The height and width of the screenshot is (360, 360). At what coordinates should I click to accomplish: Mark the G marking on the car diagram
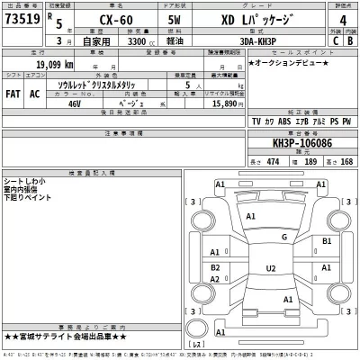283,238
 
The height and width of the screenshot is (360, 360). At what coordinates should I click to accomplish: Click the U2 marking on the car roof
270,268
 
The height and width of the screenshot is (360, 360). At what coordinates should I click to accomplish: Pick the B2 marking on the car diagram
215,268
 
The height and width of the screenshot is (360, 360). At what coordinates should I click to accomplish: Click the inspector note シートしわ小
25,181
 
